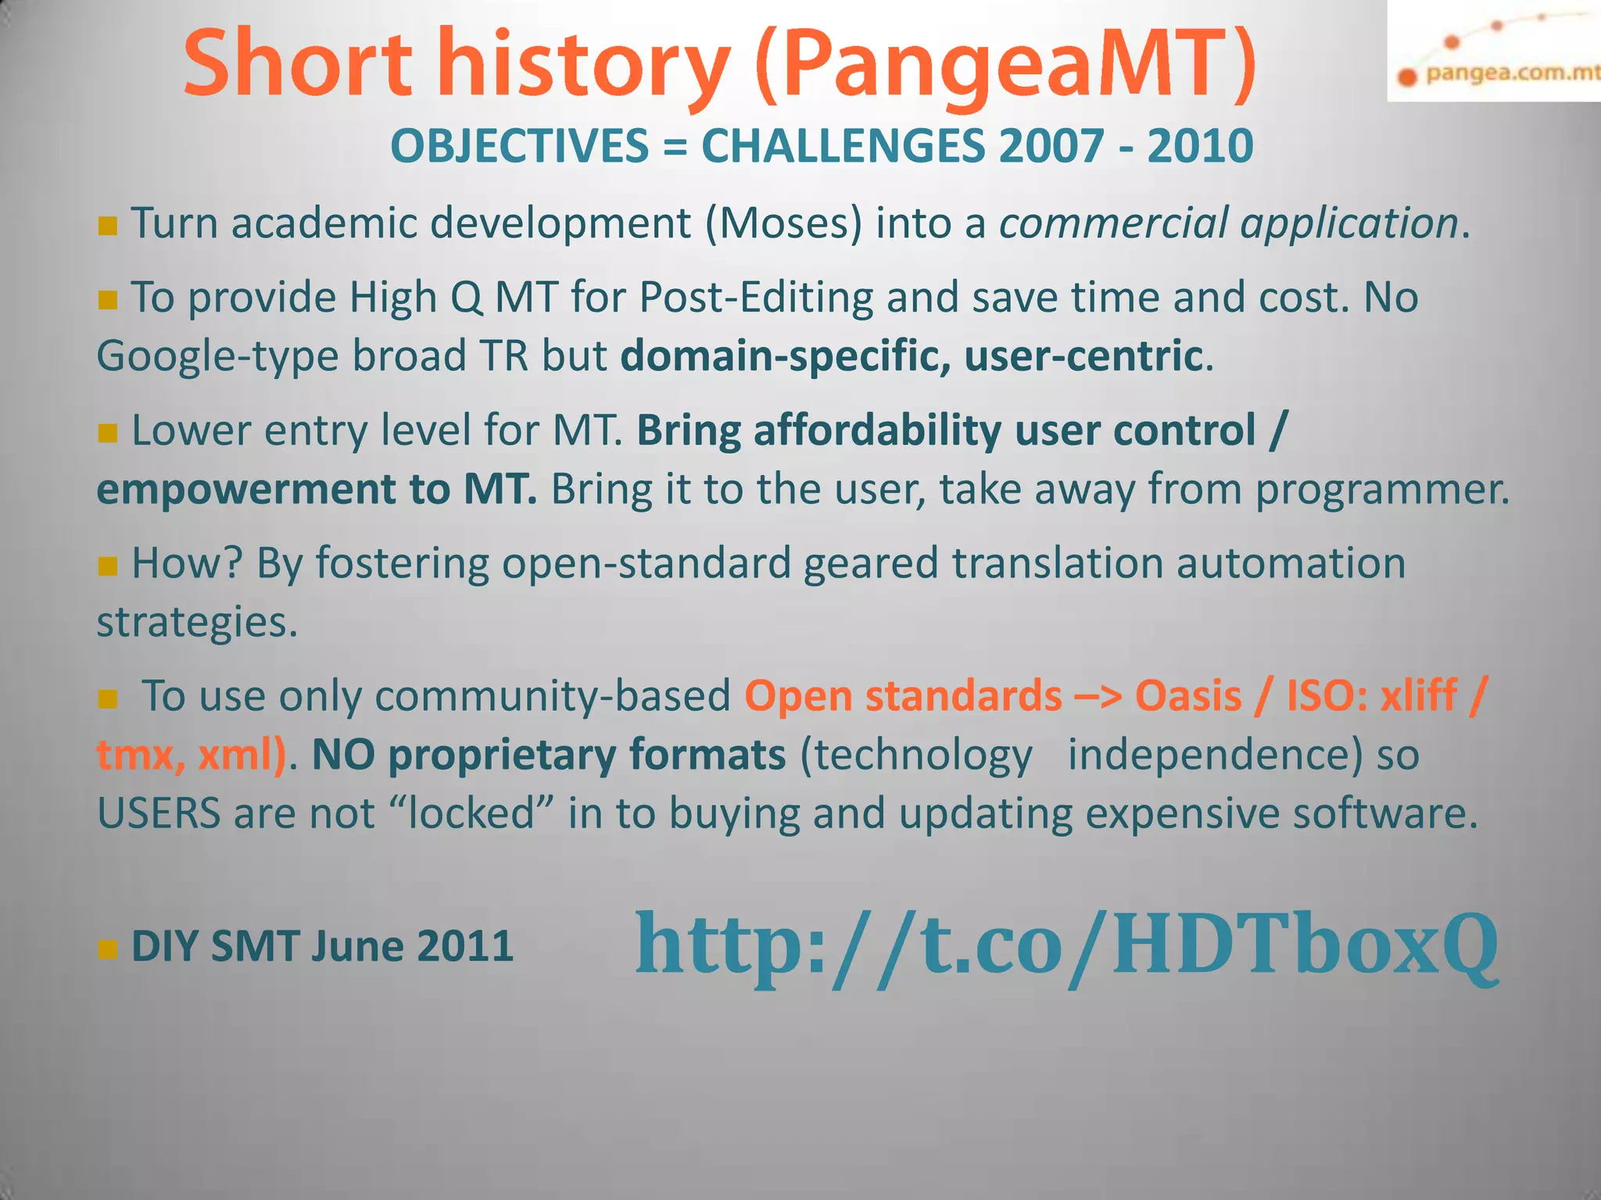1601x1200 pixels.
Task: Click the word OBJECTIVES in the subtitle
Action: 520,146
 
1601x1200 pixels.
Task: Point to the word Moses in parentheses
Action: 784,223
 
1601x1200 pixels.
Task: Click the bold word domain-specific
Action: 786,357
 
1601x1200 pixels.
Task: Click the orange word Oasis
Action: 1188,696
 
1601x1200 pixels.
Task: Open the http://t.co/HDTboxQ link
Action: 1066,946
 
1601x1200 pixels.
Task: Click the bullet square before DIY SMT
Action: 108,950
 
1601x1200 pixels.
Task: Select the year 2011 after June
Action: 465,947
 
